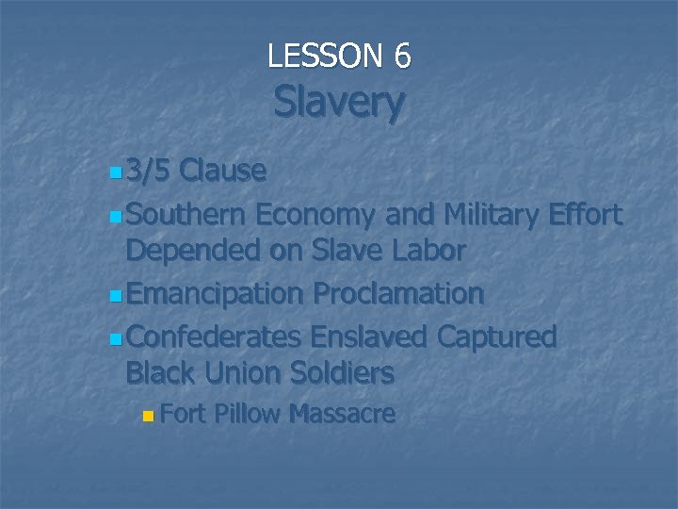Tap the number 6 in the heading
point(402,57)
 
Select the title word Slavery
point(339,103)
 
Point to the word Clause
point(222,171)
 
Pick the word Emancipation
point(215,294)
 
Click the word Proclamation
point(398,294)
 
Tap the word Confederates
point(213,337)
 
